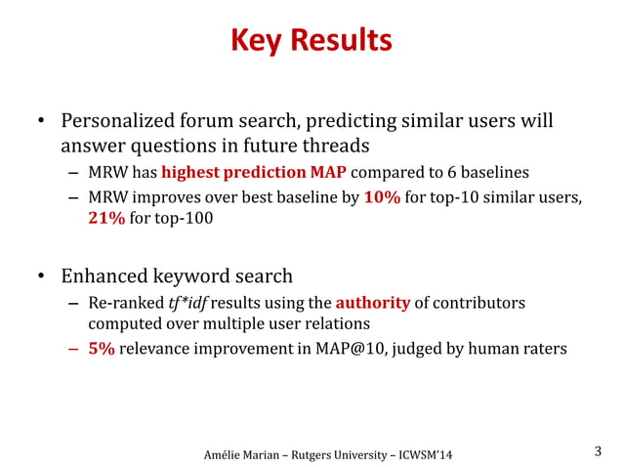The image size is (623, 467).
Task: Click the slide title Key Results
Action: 311,41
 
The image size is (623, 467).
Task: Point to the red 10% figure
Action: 381,198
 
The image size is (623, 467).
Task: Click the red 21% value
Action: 106,219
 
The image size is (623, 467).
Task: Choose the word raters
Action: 543,350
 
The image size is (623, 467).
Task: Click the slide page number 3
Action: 599,451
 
